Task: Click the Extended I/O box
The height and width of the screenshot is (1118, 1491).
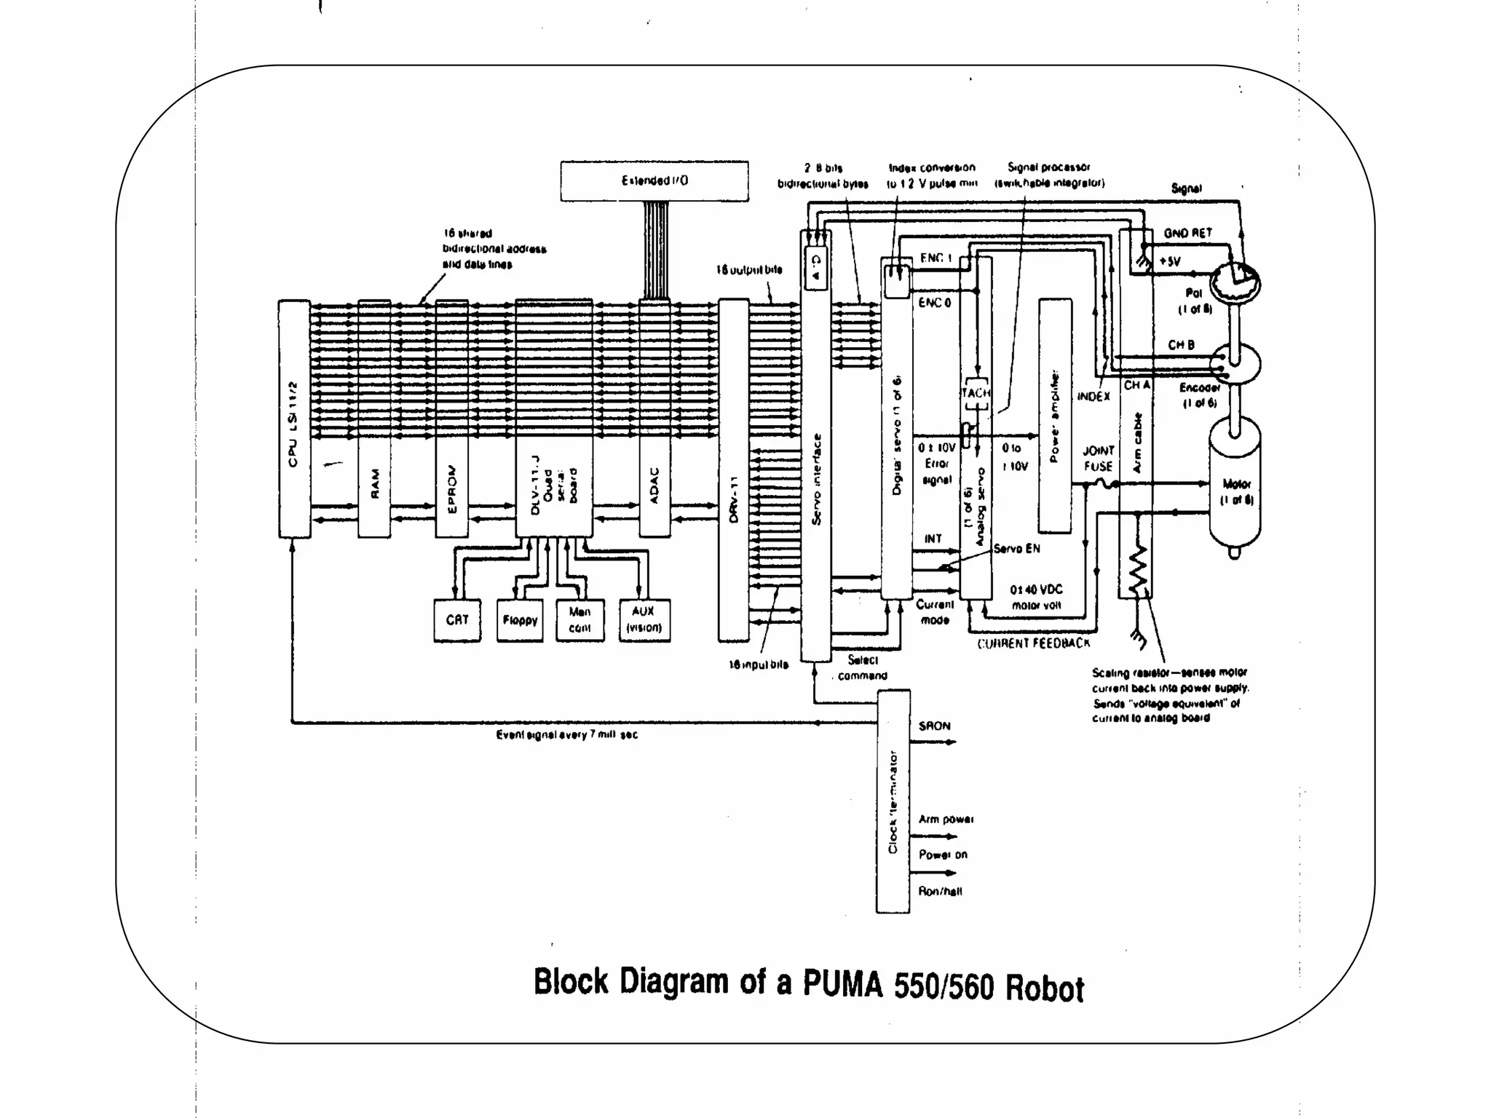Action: pos(654,181)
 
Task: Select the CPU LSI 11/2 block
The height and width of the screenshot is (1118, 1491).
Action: pos(294,419)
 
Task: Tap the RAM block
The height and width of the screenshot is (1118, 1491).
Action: pos(374,419)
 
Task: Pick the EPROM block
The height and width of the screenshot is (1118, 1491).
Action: pos(451,419)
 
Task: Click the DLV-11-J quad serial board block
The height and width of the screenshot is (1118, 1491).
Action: pos(553,419)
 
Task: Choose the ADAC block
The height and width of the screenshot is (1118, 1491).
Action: pos(654,419)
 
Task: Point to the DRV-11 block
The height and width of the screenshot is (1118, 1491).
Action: pos(733,470)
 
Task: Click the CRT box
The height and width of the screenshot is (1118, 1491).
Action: pos(456,620)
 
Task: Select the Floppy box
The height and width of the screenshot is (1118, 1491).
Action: pos(520,620)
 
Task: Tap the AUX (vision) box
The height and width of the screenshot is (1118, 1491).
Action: pos(644,620)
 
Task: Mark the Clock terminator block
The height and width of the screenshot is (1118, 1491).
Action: pos(893,801)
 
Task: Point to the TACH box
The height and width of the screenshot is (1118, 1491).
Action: pos(976,393)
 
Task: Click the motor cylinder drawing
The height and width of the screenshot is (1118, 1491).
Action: pos(1235,491)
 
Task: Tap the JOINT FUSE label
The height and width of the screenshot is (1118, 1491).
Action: pos(1098,459)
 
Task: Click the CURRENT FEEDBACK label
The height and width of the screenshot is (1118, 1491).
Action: pos(1034,643)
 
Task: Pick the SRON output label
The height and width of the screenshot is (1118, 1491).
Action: pos(934,726)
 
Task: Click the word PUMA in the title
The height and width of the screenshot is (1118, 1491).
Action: pos(842,984)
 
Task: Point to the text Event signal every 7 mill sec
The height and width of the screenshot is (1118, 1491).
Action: pos(566,735)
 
